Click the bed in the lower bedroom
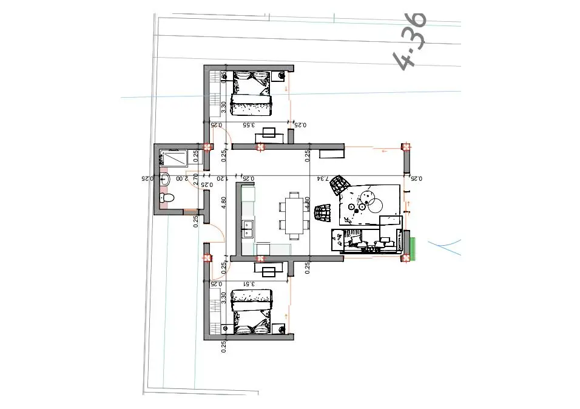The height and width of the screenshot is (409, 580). coord(251,311)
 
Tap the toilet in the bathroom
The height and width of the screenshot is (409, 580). coord(167,198)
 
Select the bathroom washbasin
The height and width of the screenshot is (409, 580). coord(164,178)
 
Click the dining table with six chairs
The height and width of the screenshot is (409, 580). coord(295,215)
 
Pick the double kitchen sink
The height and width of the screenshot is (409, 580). coord(248,229)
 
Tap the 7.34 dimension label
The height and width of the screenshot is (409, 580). coord(323,179)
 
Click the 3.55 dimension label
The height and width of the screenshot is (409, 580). coord(248,125)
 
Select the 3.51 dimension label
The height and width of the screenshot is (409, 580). coord(248,283)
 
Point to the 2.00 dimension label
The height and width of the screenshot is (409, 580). coord(180,179)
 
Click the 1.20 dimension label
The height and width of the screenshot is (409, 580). coord(221,179)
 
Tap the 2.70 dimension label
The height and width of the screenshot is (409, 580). coord(196,179)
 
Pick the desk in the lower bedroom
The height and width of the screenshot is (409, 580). coord(272,269)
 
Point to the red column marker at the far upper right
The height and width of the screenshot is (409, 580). coord(406,147)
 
